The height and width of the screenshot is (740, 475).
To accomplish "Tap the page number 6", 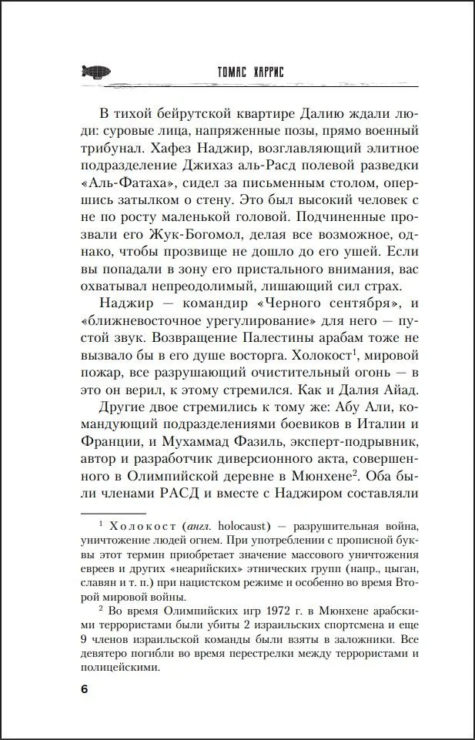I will pyautogui.click(x=85, y=688).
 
